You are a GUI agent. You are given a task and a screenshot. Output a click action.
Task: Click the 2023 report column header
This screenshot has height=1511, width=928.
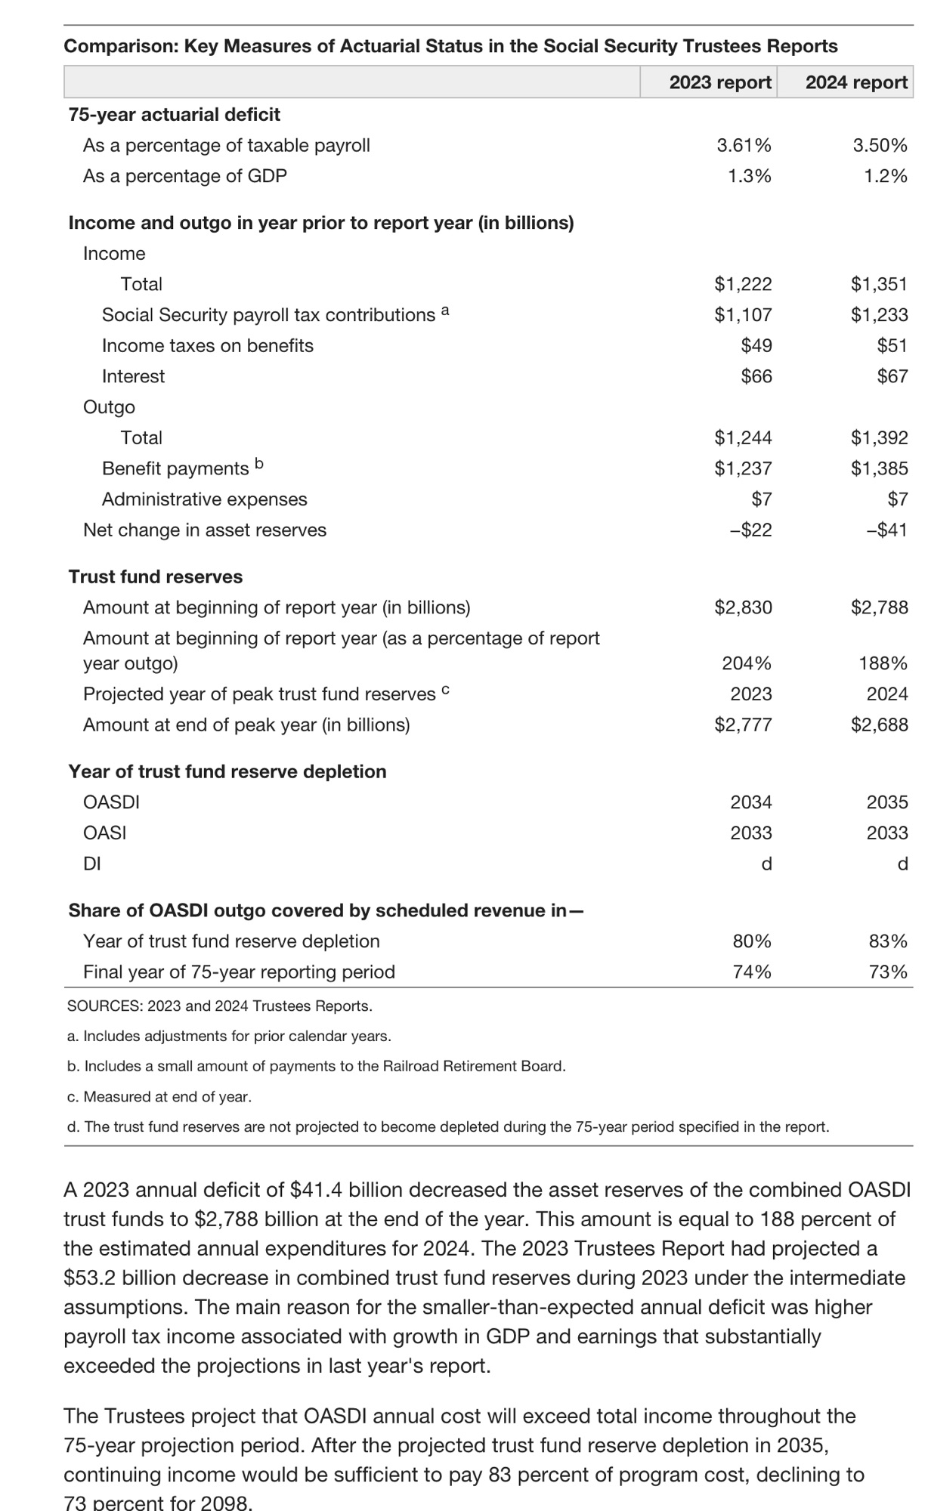720,82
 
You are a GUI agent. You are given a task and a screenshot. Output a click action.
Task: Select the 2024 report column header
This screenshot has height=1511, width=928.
856,82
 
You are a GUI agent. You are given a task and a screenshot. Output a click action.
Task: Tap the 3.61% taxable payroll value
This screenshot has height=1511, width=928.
744,145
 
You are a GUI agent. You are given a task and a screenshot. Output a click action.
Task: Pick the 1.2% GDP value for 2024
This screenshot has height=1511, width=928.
886,176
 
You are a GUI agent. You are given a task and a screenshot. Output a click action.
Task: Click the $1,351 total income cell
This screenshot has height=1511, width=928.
879,284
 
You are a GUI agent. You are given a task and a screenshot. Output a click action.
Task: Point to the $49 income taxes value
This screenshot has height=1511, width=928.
756,345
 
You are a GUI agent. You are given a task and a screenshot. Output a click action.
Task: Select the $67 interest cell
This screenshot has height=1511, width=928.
892,376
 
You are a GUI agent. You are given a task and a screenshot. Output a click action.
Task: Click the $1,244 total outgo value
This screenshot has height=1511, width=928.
743,437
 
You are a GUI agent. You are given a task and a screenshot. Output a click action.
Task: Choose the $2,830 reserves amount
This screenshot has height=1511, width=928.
743,607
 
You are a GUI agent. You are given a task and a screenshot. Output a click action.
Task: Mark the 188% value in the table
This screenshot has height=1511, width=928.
883,663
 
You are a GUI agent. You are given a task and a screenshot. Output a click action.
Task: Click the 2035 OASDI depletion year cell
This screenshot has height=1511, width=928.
886,802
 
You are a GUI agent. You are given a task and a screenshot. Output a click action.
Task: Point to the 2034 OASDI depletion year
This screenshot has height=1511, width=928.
750,802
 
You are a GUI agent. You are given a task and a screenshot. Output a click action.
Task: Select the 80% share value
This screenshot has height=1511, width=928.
752,941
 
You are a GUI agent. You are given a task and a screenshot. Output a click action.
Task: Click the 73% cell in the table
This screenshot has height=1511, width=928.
888,972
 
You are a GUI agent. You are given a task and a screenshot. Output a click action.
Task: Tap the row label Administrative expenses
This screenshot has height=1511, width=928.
204,499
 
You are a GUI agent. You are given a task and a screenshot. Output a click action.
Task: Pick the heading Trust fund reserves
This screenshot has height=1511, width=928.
156,576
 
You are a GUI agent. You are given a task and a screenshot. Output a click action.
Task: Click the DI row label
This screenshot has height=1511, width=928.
92,864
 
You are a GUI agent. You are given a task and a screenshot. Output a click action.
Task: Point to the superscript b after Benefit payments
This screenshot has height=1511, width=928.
258,464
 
